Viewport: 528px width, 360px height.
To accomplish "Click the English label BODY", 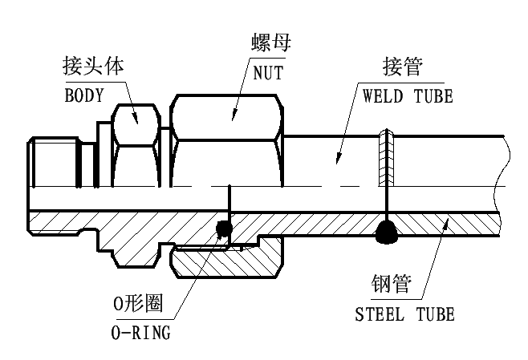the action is tap(83, 95).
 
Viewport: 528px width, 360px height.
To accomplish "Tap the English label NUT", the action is tap(268, 73).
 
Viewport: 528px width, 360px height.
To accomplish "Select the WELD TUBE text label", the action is tap(408, 96).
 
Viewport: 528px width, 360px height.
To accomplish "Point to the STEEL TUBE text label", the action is tap(404, 314).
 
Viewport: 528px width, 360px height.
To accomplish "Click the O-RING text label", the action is tap(140, 333).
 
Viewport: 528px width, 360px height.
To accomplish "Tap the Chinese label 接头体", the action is tap(93, 66).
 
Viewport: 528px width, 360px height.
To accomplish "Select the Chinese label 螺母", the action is tap(271, 42).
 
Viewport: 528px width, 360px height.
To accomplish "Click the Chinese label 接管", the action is tap(403, 67).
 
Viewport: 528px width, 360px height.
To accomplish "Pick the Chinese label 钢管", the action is tap(392, 284).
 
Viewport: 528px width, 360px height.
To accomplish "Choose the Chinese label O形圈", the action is tap(138, 304).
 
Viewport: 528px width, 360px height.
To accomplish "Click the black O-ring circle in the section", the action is tap(224, 229).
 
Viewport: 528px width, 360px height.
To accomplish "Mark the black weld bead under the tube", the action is tap(387, 231).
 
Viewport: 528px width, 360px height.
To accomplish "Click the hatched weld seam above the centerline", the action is tap(386, 157).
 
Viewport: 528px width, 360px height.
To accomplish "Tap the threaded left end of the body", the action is tap(54, 162).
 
